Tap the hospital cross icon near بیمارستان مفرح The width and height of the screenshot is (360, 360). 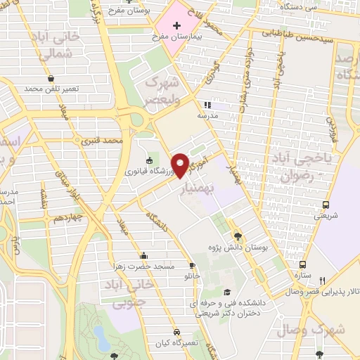click(176, 26)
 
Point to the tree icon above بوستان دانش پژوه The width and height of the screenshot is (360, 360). click(237, 236)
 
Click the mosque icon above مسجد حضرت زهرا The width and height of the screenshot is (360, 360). click(144, 256)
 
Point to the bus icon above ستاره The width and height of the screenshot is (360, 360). click(302, 264)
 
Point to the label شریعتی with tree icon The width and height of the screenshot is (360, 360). click(324, 217)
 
